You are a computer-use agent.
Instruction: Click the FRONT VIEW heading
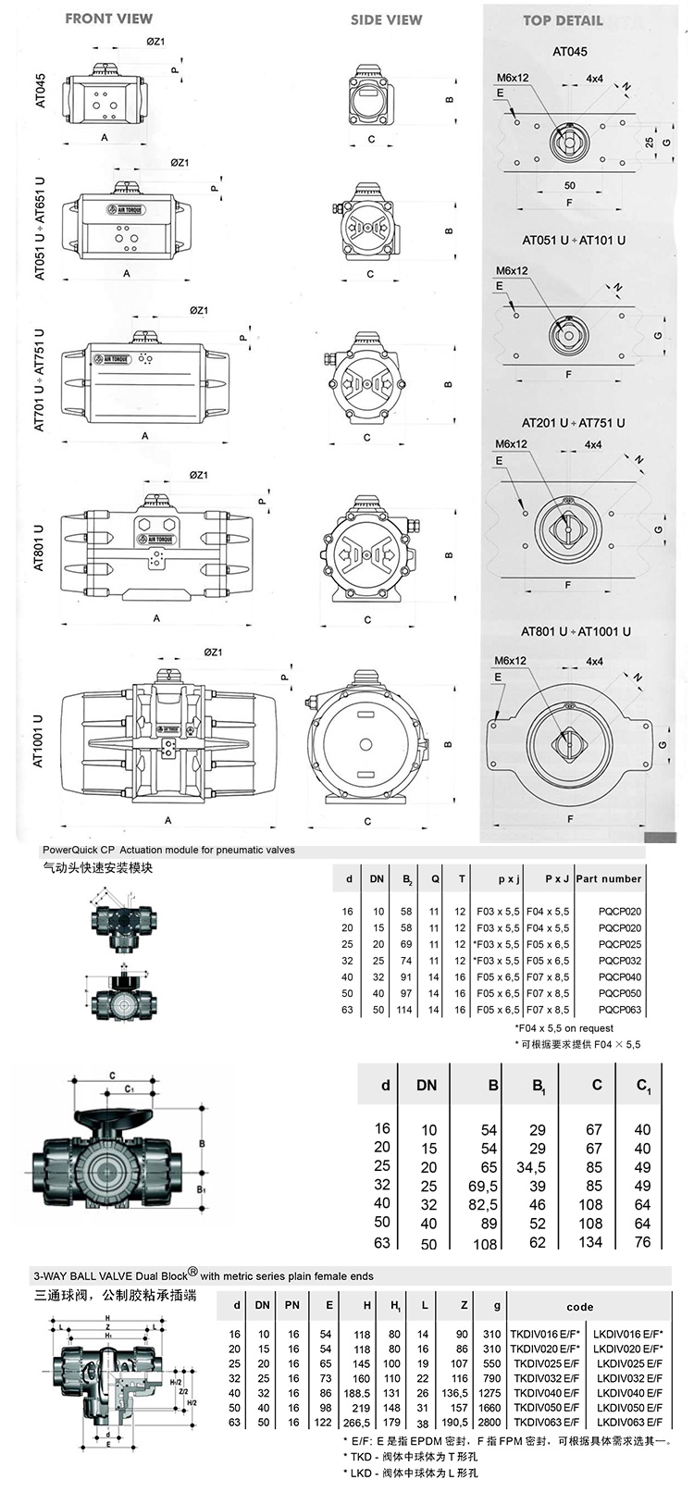[109, 18]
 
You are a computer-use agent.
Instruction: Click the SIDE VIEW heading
[386, 19]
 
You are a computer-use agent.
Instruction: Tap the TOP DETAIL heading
[563, 20]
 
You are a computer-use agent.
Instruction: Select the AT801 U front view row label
[39, 547]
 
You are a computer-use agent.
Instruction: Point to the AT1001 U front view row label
[39, 740]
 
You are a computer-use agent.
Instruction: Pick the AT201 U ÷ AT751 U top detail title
[573, 423]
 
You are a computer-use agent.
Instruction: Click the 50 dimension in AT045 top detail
[569, 185]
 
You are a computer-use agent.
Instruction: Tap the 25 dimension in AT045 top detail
[650, 142]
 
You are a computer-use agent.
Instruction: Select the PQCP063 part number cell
[619, 1010]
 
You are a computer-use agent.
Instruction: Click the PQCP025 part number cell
[619, 944]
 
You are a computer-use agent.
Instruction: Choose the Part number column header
[608, 878]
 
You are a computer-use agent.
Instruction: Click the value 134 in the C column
[593, 1242]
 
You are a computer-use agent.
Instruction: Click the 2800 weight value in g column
[490, 1421]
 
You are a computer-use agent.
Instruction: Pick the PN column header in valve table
[292, 1305]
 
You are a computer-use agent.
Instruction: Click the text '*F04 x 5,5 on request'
[564, 1027]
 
